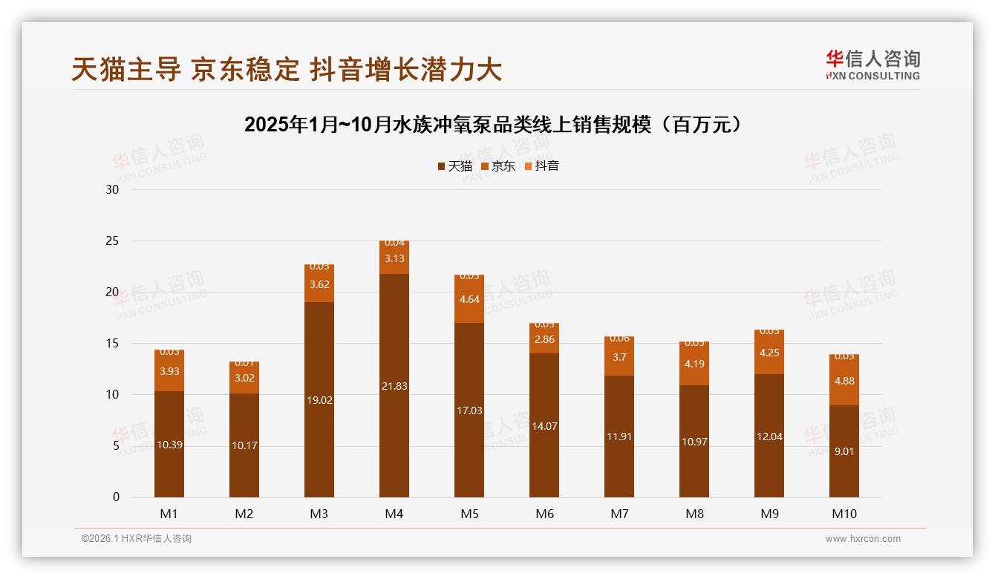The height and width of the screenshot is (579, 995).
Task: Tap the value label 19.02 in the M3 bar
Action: click(319, 399)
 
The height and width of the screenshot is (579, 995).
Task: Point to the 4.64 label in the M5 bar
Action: click(469, 300)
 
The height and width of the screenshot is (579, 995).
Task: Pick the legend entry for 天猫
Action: click(454, 166)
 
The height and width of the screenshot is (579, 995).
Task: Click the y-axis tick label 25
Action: click(112, 241)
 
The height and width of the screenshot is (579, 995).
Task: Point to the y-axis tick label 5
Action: click(116, 446)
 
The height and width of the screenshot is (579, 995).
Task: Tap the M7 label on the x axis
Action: click(619, 514)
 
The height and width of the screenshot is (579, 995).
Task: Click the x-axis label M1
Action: click(169, 514)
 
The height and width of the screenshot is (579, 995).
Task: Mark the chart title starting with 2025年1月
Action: click(493, 125)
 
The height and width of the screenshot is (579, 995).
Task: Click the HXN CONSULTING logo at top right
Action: click(872, 65)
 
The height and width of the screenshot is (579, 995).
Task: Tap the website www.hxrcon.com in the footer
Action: click(863, 539)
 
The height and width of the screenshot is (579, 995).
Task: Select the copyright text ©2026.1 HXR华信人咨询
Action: click(137, 539)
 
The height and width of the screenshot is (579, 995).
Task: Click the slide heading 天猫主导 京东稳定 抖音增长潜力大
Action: click(287, 70)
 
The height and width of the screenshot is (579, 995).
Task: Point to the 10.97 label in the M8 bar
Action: click(694, 442)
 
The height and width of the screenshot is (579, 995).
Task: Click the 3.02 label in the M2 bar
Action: click(244, 377)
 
